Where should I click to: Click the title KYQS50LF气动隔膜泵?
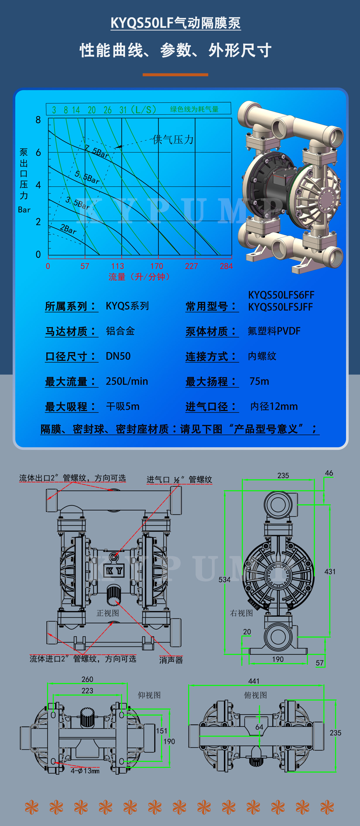[x=176, y=23]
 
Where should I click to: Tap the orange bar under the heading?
[x=175, y=75]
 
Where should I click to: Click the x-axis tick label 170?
[x=157, y=266]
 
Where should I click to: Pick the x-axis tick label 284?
[x=226, y=266]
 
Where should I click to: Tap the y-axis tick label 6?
[x=38, y=153]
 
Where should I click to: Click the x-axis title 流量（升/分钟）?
[x=139, y=277]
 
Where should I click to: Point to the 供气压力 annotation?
[x=173, y=139]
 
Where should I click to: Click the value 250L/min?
[x=127, y=381]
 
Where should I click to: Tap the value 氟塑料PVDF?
[x=274, y=331]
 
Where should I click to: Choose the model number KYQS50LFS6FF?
[x=281, y=295]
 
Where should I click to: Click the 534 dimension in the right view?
[x=224, y=580]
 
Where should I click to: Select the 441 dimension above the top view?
[x=254, y=681]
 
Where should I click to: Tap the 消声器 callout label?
[x=171, y=660]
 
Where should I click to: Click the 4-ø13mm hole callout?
[x=85, y=771]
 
